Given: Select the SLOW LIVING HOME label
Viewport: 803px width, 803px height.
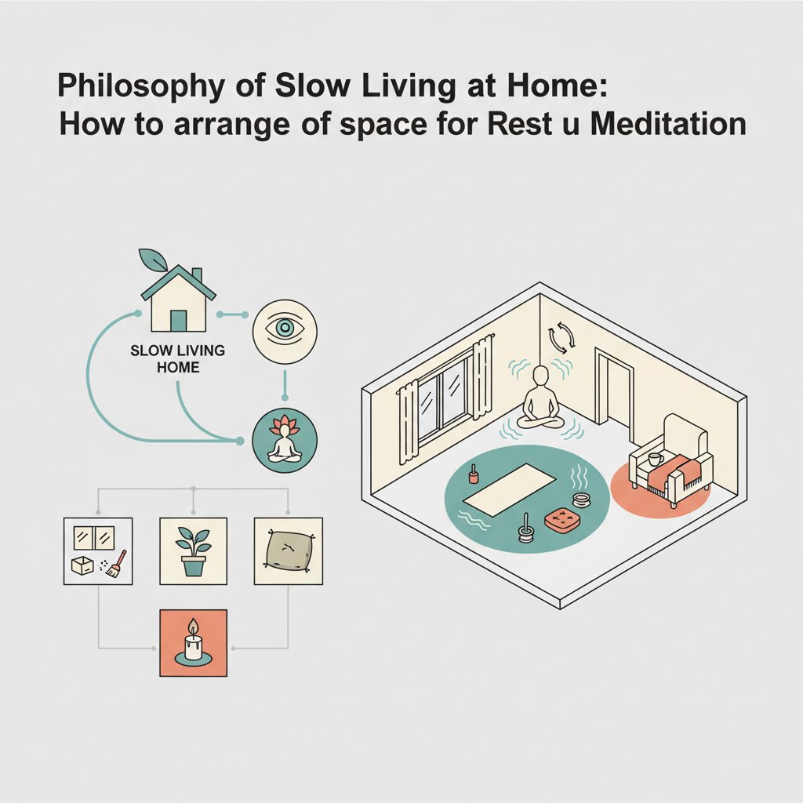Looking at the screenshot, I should (x=178, y=358).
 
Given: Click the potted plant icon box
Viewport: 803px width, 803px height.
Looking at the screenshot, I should (x=193, y=550).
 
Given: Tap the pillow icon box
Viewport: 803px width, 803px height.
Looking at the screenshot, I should (x=288, y=550).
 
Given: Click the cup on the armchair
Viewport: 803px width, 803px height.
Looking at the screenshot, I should (x=655, y=460).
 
